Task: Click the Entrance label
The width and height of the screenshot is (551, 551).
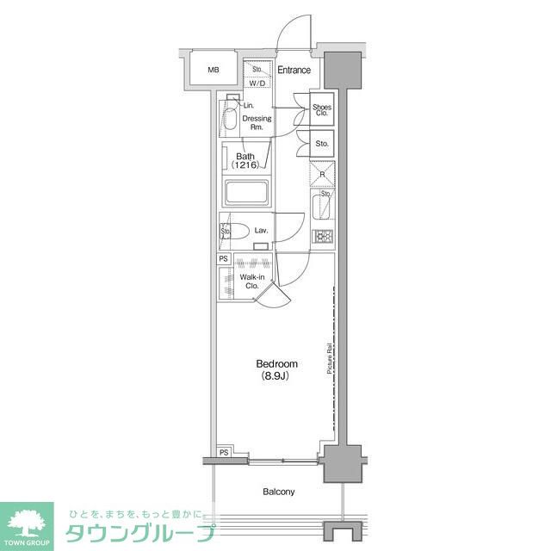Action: [294, 71]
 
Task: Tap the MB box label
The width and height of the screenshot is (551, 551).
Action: [213, 71]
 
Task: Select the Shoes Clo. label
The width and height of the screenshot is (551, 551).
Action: [322, 109]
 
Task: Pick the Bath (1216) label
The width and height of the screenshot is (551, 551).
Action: [245, 161]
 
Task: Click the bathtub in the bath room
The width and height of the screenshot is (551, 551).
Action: [248, 192]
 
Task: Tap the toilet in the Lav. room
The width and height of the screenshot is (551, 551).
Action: [239, 231]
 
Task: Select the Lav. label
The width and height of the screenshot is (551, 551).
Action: [262, 231]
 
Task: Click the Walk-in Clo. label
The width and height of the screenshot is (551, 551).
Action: [251, 282]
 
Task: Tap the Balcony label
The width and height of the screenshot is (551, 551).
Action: [278, 492]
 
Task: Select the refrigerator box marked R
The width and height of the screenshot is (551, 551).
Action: [322, 174]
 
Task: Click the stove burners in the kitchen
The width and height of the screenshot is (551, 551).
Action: [322, 238]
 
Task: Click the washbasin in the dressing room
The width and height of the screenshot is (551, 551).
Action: [231, 118]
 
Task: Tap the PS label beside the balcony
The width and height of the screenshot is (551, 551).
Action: [224, 453]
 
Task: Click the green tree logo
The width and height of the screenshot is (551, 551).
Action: [27, 522]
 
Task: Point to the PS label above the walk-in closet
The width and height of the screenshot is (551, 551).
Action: [223, 258]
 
